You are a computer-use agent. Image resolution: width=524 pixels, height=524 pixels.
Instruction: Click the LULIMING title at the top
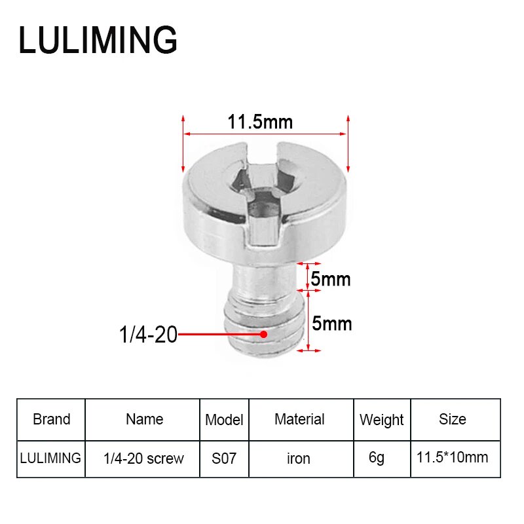point(98,40)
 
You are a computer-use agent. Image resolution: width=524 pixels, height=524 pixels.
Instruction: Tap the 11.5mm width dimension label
point(260,122)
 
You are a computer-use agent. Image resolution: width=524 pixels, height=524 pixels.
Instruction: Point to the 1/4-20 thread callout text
point(148,335)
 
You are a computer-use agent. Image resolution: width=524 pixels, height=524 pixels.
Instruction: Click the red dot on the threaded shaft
point(263,334)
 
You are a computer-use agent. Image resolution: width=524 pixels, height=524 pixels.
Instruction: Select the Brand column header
point(51,419)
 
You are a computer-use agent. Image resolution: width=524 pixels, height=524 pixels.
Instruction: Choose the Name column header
point(144,419)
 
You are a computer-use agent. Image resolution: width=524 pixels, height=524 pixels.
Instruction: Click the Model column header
point(224,420)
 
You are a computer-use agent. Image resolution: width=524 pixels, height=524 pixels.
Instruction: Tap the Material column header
point(299,419)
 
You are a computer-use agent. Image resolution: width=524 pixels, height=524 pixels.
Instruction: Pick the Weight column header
point(381,420)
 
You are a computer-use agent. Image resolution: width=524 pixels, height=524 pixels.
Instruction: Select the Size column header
point(452,419)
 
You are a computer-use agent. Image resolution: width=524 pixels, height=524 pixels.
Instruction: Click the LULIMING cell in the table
point(51,458)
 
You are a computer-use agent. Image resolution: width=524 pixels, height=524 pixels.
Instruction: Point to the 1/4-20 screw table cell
point(144,458)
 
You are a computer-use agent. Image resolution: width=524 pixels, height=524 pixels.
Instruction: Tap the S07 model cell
point(224,458)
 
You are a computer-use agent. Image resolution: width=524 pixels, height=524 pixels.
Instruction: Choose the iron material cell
point(299,458)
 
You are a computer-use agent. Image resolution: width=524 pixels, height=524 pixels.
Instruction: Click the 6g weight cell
point(377,458)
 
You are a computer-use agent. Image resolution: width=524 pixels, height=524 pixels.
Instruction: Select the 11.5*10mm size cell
point(452,457)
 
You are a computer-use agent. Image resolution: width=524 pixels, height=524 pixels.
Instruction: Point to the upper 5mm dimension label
point(331,280)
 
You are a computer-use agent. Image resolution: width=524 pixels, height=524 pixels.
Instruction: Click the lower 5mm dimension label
point(331,324)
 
